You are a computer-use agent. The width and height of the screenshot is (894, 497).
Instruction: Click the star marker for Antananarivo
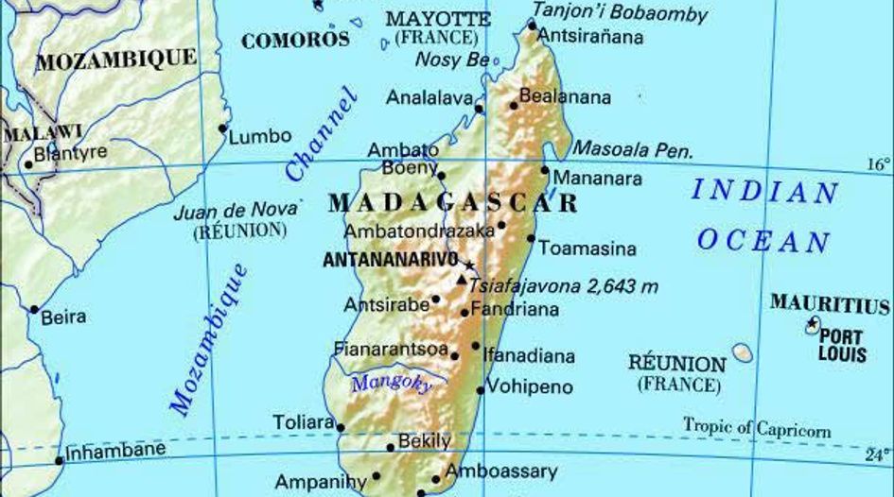click(468, 266)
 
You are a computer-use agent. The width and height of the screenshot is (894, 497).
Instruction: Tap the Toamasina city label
click(587, 249)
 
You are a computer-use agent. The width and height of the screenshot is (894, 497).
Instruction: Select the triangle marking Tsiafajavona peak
click(461, 281)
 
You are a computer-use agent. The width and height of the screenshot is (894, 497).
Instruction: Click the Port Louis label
click(842, 345)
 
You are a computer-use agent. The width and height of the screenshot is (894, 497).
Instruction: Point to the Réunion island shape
click(743, 353)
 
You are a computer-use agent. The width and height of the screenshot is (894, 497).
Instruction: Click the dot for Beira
click(35, 309)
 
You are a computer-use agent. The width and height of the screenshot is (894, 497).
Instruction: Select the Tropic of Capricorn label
click(757, 428)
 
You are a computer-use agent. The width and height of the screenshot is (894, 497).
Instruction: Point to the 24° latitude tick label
click(878, 454)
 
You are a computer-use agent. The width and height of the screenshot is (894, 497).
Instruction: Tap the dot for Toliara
click(341, 427)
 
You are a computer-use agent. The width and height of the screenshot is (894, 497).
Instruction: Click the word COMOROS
click(295, 40)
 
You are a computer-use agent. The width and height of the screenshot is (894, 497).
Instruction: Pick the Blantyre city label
click(70, 152)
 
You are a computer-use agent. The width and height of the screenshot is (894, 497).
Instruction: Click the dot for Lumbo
click(223, 128)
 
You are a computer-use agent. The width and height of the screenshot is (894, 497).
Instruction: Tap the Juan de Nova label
click(237, 211)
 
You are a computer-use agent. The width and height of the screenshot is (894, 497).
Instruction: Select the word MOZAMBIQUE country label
click(117, 60)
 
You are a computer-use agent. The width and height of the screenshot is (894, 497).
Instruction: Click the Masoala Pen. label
click(634, 150)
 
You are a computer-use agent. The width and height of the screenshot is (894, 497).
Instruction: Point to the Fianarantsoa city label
click(390, 349)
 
